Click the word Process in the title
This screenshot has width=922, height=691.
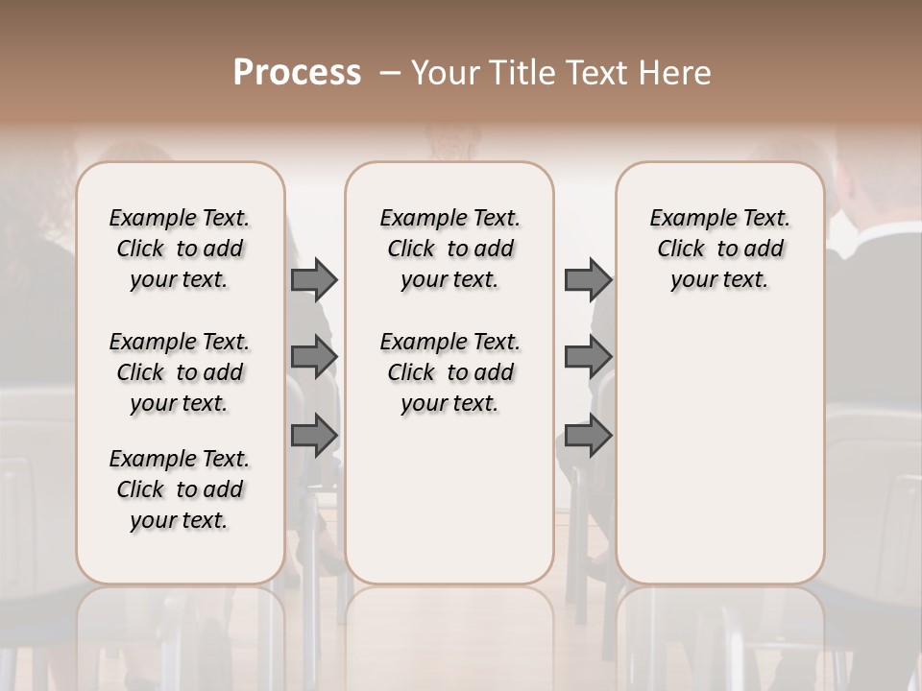(297, 73)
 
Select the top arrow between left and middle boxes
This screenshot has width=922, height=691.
(314, 280)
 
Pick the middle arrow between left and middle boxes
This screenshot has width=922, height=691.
(314, 357)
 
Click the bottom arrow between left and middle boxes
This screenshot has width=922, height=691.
(314, 435)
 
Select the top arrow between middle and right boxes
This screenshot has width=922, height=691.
(588, 280)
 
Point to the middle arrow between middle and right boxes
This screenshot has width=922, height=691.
(588, 357)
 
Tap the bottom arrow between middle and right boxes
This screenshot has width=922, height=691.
(588, 435)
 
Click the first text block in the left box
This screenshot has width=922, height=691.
(180, 249)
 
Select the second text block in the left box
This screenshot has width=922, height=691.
(180, 372)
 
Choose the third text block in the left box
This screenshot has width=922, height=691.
(180, 489)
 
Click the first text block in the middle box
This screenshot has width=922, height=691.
(449, 249)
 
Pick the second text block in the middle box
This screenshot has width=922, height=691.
(449, 372)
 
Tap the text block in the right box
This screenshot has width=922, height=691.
(719, 249)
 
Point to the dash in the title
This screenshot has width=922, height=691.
(389, 73)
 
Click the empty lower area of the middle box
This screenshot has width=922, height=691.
(449, 499)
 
